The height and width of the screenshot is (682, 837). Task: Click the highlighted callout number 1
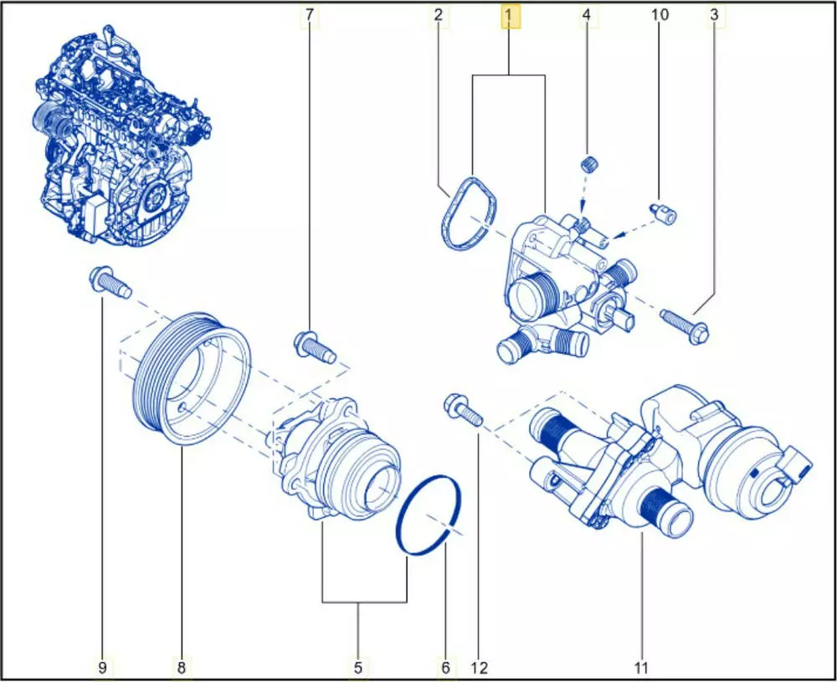pyautogui.click(x=509, y=16)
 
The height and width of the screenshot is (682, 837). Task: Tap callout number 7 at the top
pyautogui.click(x=310, y=15)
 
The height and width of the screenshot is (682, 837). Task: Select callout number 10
pyautogui.click(x=660, y=15)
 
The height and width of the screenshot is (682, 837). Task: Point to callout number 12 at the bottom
pyautogui.click(x=480, y=667)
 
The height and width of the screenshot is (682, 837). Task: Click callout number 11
pyautogui.click(x=641, y=667)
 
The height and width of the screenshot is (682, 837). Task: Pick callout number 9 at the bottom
pyautogui.click(x=103, y=667)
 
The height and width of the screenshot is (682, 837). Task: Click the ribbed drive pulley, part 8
pyautogui.click(x=192, y=378)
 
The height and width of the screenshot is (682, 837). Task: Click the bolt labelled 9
pyautogui.click(x=110, y=282)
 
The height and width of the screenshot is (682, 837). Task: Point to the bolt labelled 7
pyautogui.click(x=315, y=347)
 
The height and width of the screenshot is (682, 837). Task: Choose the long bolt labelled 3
pyautogui.click(x=686, y=325)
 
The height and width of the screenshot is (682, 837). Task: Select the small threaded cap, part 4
pyautogui.click(x=589, y=163)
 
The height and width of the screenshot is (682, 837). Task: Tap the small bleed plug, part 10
pyautogui.click(x=663, y=213)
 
